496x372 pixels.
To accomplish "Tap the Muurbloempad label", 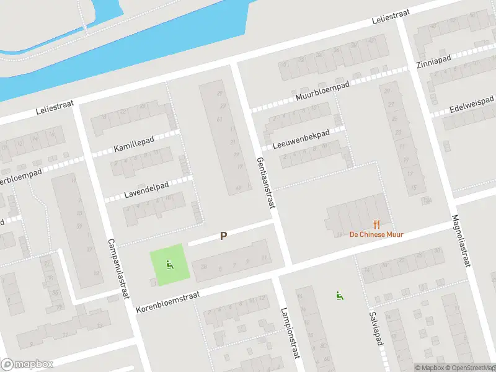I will pos(322,91).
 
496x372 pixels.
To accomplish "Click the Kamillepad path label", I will pos(134,146).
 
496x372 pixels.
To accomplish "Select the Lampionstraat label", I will pos(290,334).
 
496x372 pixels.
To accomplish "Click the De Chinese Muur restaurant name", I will pos(376,234).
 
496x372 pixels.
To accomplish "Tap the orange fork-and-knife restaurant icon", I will pos(376,224).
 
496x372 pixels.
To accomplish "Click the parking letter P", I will pos(223,236).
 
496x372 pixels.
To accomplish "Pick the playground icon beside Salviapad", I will pos(339,295).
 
